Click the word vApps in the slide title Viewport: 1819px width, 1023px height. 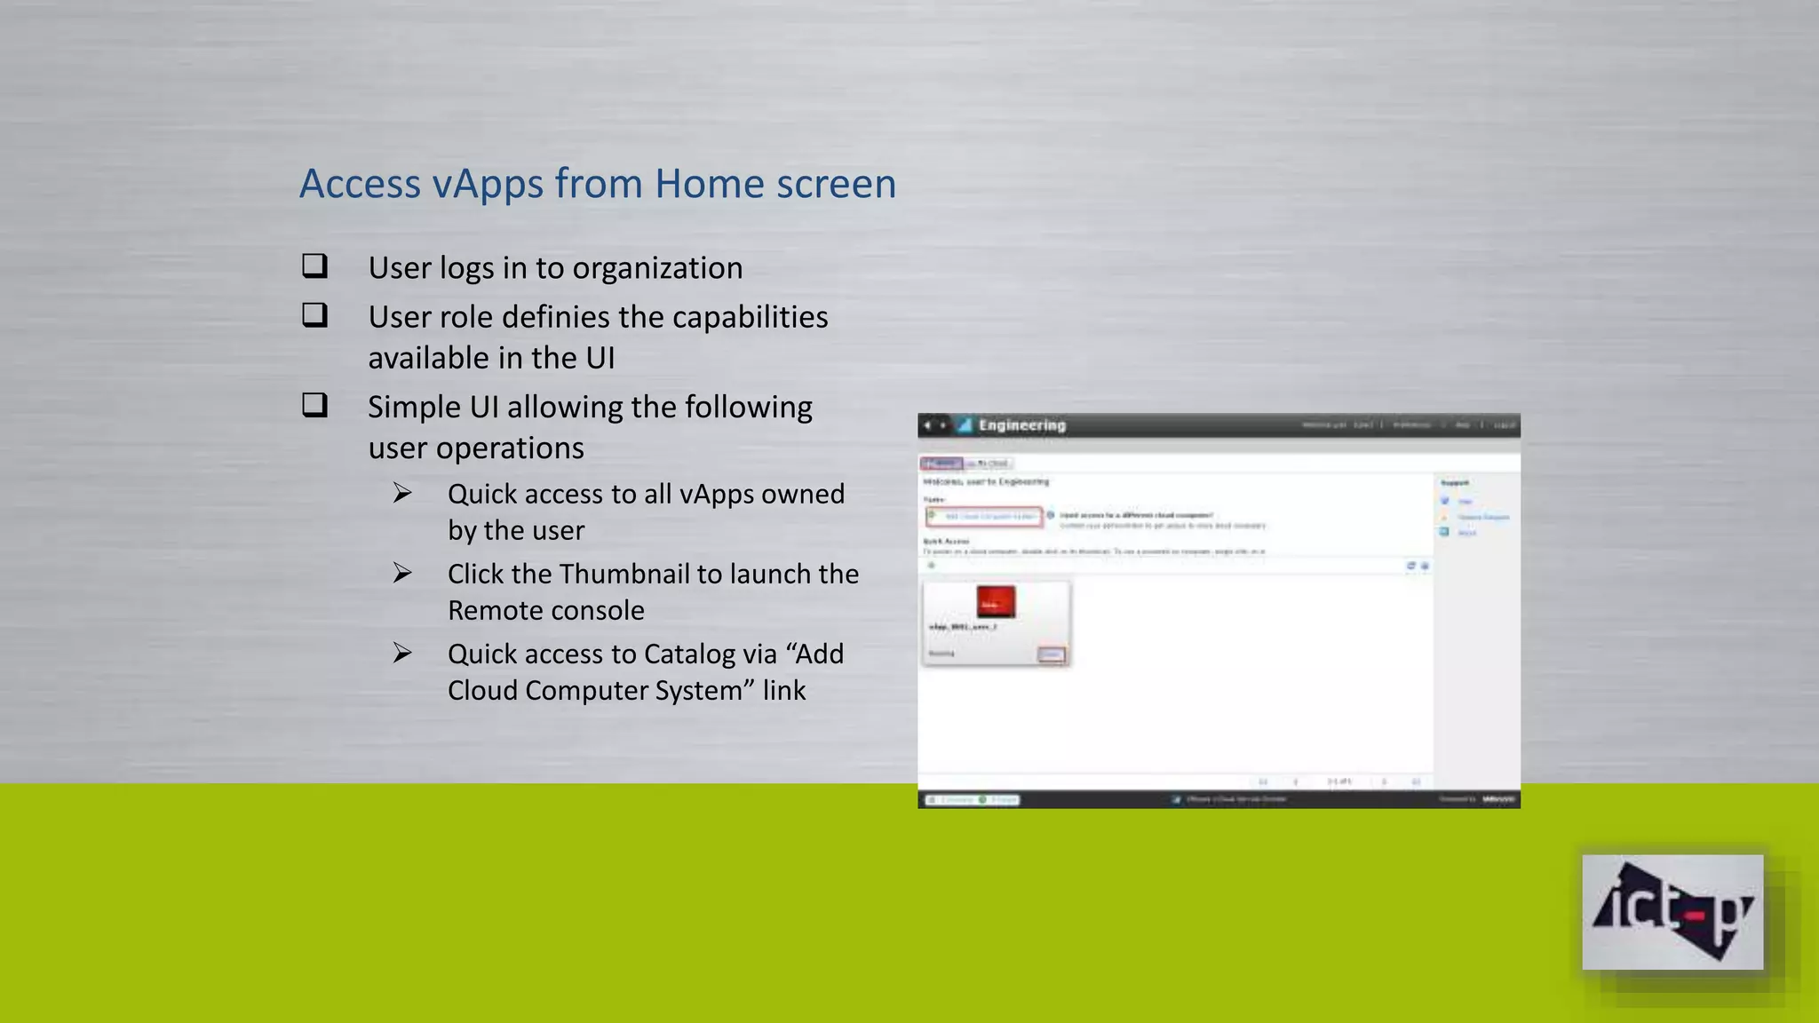coord(488,185)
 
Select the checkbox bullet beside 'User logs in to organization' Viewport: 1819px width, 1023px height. coord(314,266)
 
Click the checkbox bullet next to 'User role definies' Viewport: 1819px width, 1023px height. coord(314,315)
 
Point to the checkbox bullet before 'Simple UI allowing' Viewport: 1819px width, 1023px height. coord(314,405)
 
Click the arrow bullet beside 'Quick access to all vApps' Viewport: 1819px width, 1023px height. coord(402,493)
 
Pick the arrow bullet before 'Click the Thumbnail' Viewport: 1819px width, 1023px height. coord(402,573)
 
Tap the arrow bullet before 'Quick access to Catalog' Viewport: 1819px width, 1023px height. coord(402,653)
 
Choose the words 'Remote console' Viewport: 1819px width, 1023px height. coord(545,611)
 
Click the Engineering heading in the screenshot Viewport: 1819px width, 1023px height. coord(1021,425)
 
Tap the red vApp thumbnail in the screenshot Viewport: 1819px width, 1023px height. coord(996,602)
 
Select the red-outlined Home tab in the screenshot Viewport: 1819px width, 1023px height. coord(941,464)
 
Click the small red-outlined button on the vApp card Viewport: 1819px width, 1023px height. coord(1052,654)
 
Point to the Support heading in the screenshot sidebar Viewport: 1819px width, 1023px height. coord(1454,483)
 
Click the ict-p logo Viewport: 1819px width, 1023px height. coord(1672,912)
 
